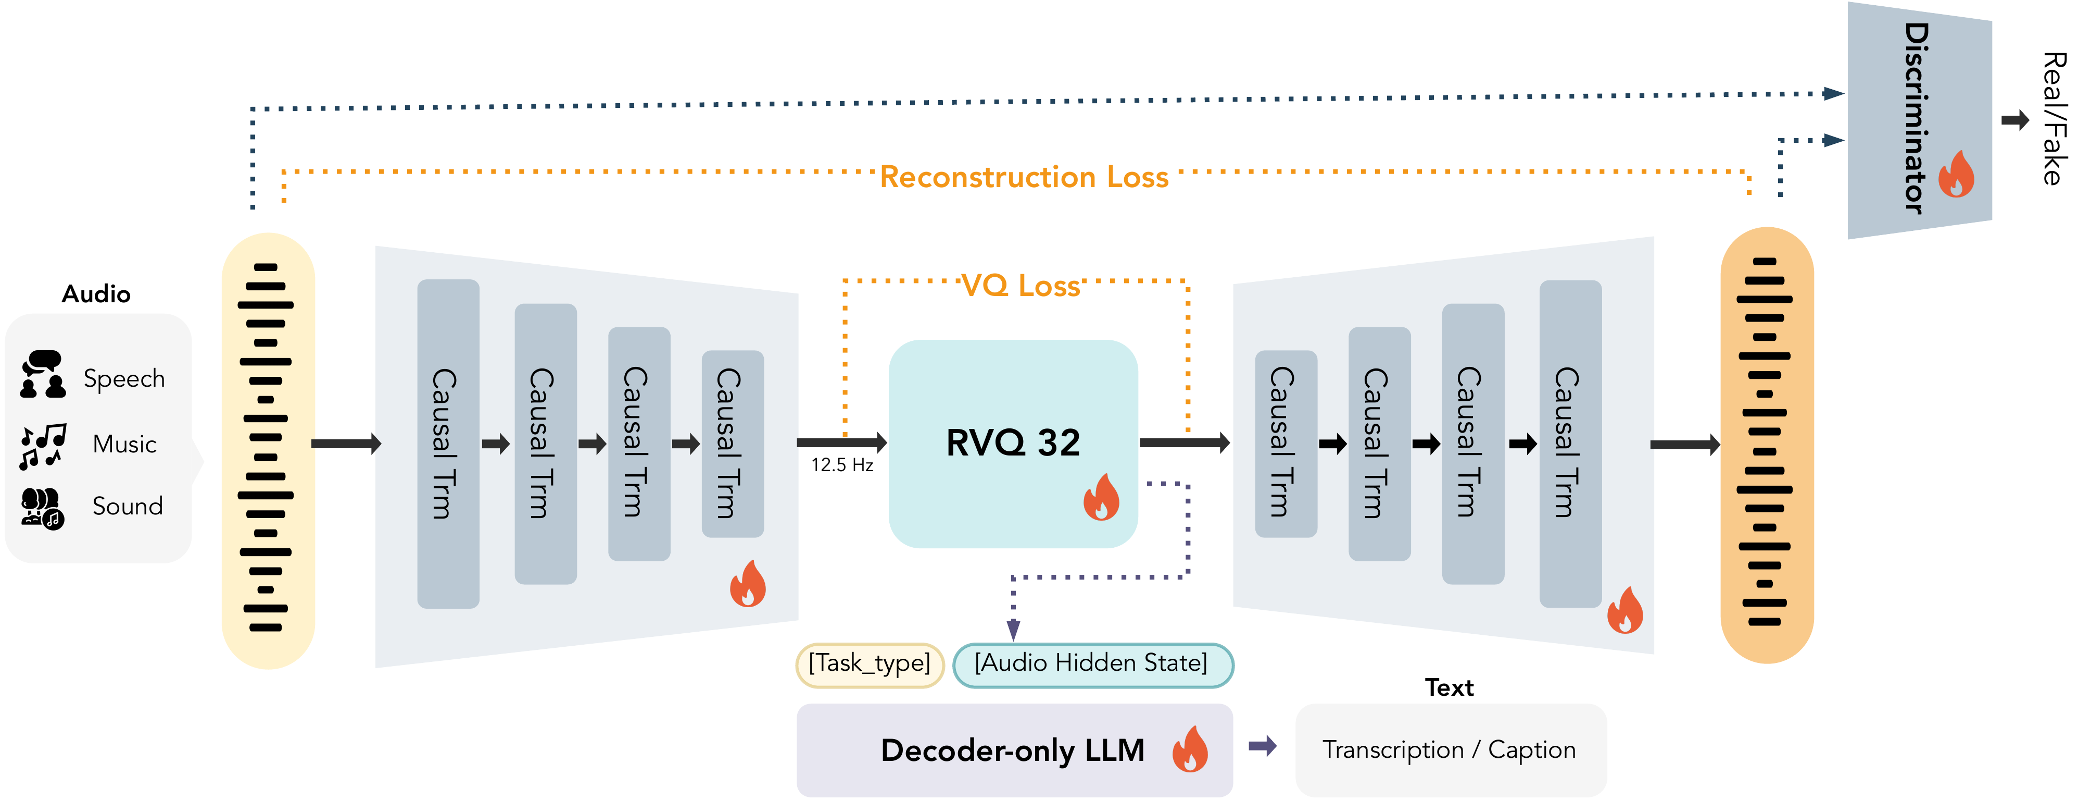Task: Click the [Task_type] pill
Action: (870, 663)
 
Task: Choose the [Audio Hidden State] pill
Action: (1092, 663)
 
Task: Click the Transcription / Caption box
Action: (1450, 749)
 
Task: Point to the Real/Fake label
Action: (2054, 119)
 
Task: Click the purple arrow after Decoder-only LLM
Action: (1262, 746)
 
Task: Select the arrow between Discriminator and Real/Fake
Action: (2014, 121)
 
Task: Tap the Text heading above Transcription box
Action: (1449, 688)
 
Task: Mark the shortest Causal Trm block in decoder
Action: (1285, 444)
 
